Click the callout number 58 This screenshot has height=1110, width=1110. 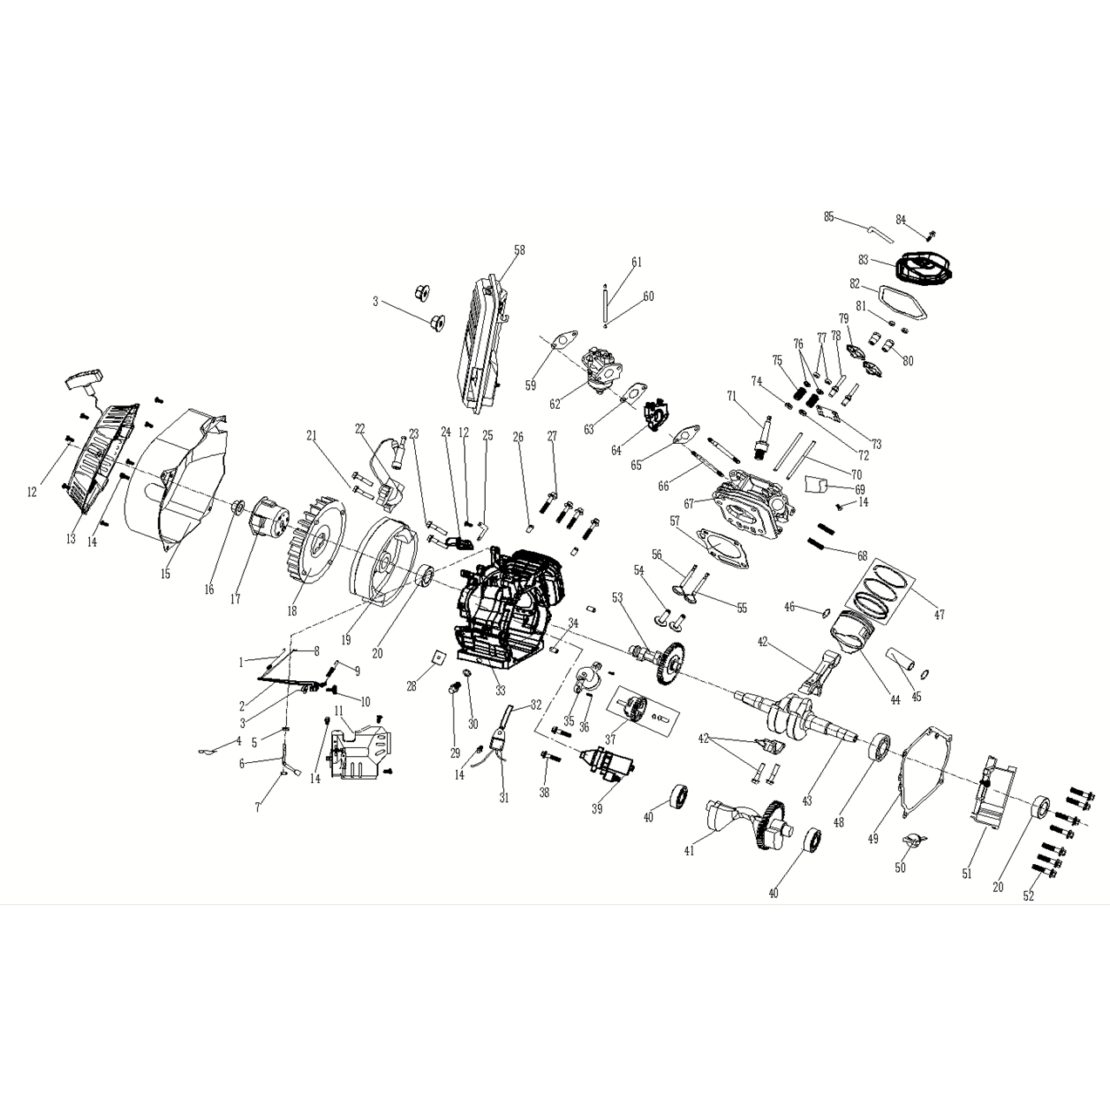click(520, 250)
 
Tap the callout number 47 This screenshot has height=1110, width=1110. click(938, 615)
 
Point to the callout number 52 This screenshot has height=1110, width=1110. click(1028, 896)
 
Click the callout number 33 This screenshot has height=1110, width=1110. click(501, 691)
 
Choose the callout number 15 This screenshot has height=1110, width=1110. click(165, 574)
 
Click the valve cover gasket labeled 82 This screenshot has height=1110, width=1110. click(902, 301)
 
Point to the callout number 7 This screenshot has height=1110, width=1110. click(257, 808)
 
